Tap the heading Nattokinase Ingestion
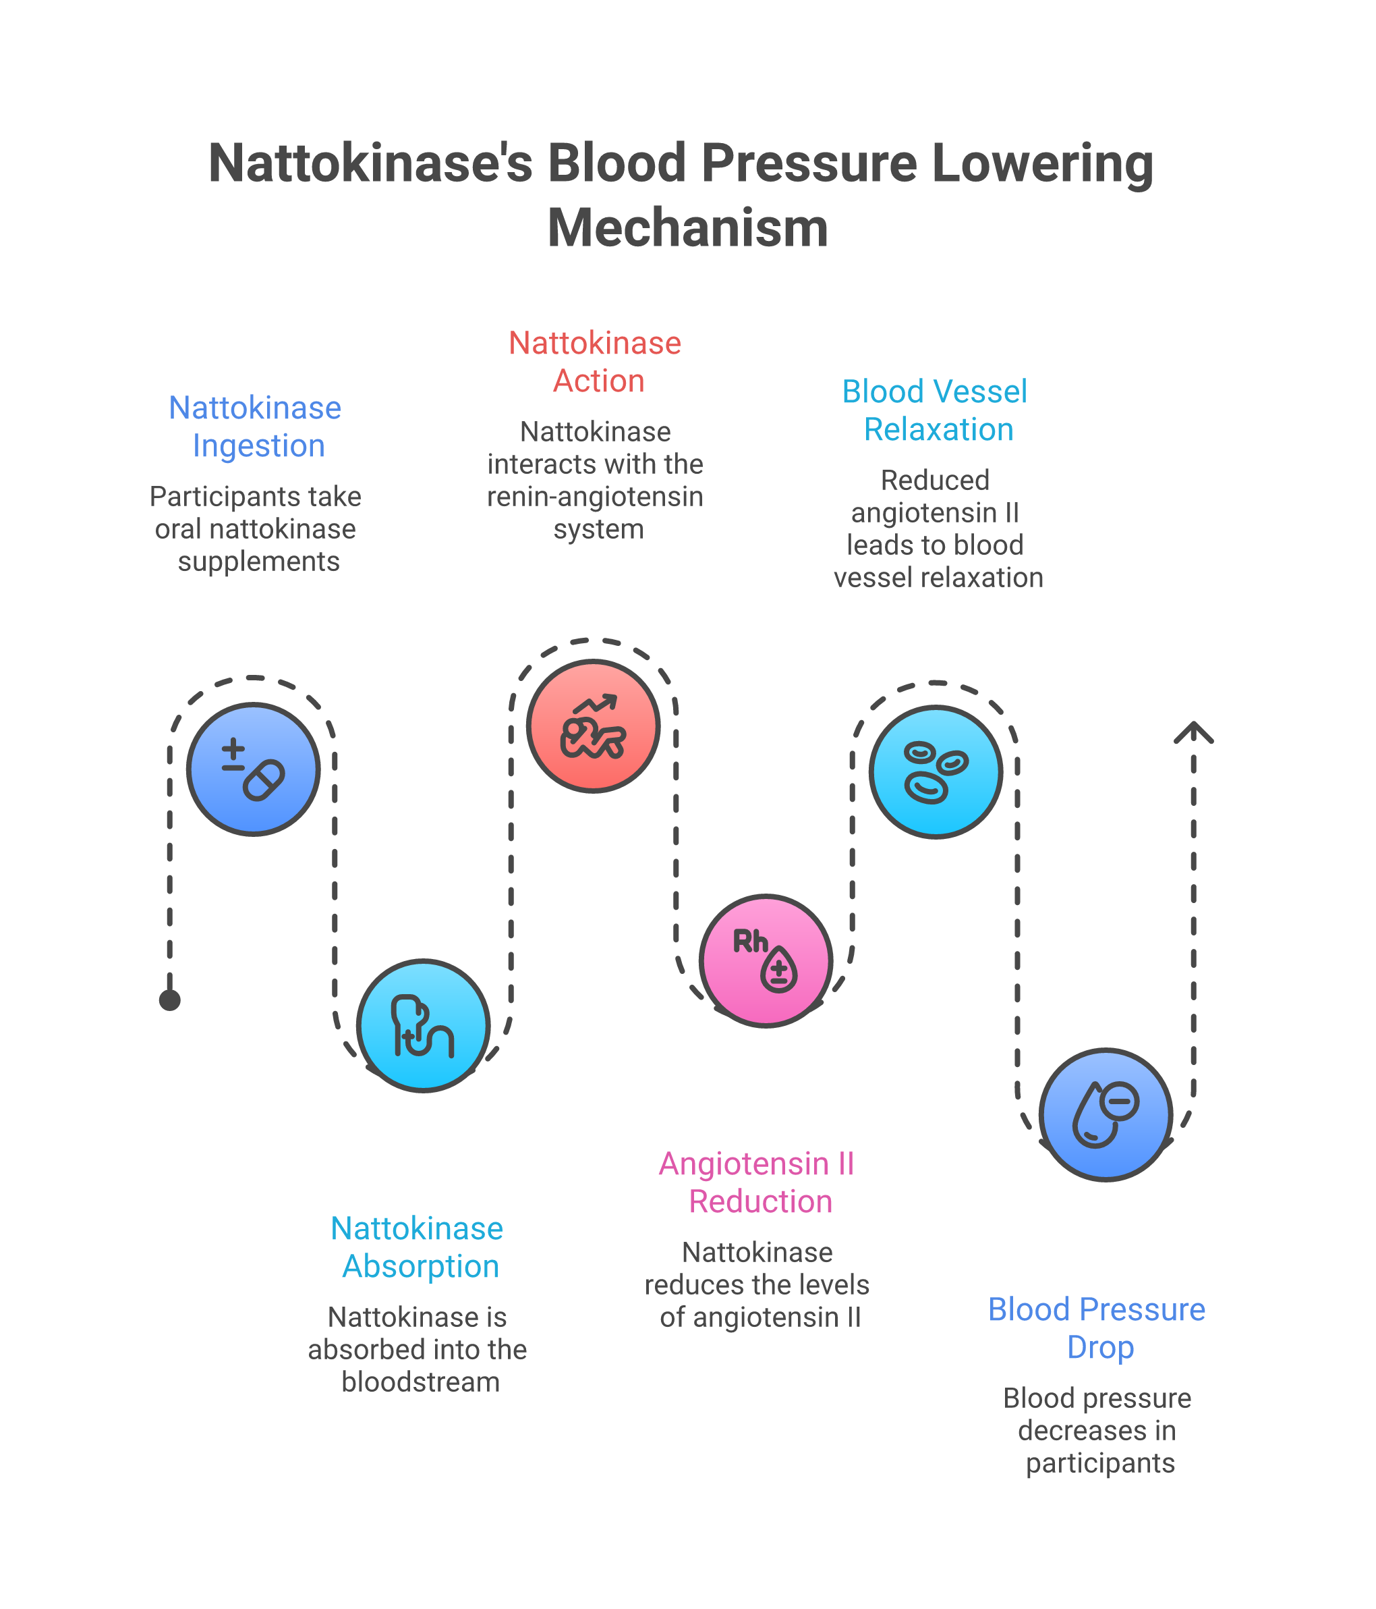click(256, 427)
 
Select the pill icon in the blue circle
click(254, 769)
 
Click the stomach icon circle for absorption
click(423, 1026)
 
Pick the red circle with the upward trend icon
click(593, 726)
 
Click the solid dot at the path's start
click(170, 1000)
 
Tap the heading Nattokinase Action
click(596, 362)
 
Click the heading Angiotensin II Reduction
click(757, 1182)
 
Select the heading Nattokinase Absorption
click(418, 1247)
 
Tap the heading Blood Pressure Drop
click(1097, 1328)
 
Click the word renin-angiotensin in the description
click(596, 496)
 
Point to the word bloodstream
click(421, 1382)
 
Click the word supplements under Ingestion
click(258, 561)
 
